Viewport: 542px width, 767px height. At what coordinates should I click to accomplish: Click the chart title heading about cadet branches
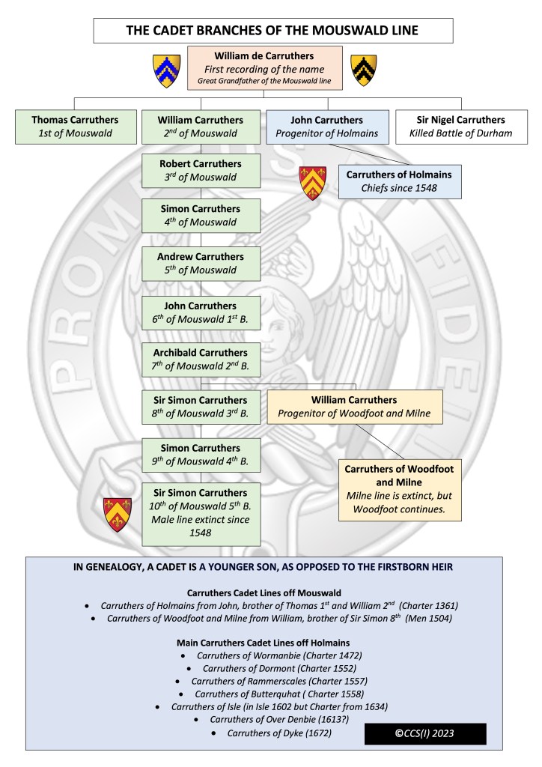coord(272,31)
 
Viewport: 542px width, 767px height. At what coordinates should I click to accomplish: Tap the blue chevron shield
coord(167,70)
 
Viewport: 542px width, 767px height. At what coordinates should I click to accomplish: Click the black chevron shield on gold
coord(364,70)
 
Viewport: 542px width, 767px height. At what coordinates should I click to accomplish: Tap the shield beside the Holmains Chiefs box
coord(312,183)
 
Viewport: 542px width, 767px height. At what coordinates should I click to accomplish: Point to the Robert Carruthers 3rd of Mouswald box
coord(201,170)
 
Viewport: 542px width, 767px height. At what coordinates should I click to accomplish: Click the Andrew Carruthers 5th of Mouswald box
coord(201,264)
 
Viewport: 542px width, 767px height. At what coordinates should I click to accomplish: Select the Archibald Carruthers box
coord(201,358)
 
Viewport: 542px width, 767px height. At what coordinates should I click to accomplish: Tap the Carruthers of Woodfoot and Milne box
coord(399,489)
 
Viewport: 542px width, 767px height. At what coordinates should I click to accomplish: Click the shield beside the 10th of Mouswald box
coord(118,514)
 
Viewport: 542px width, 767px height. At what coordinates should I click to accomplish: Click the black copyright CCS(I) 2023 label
coord(425,734)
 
